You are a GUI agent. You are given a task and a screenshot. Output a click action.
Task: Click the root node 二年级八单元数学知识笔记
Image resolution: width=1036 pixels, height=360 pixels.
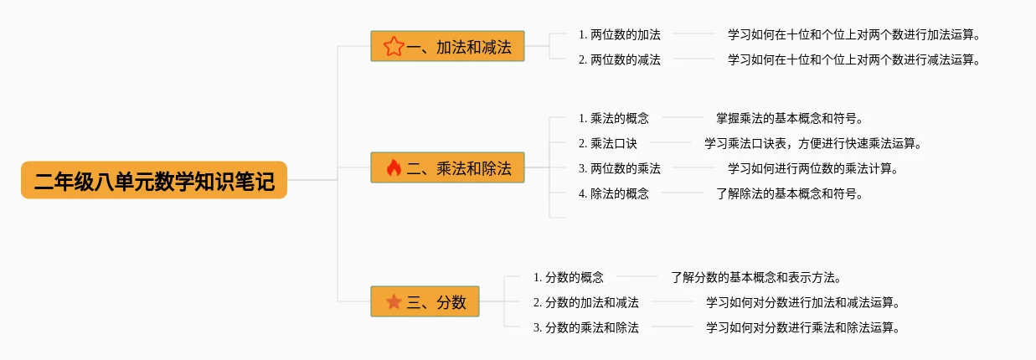(x=154, y=180)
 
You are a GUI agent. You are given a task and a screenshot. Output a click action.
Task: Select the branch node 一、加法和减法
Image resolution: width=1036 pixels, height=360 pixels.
(x=447, y=46)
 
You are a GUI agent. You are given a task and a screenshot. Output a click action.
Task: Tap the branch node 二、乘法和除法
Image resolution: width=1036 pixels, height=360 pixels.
(x=447, y=167)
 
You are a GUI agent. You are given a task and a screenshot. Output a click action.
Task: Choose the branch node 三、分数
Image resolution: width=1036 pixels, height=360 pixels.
(x=425, y=301)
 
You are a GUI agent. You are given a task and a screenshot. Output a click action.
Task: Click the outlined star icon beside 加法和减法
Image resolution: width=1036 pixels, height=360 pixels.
(x=394, y=46)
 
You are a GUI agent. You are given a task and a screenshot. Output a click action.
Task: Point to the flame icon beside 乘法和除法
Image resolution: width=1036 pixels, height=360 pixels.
(x=394, y=167)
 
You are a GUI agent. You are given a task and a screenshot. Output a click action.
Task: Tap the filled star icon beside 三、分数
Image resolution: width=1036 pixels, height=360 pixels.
(x=394, y=301)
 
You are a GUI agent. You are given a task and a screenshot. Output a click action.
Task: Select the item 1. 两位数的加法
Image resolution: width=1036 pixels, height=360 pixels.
(x=619, y=34)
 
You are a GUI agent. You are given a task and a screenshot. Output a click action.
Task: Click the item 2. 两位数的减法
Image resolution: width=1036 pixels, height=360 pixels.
(x=619, y=59)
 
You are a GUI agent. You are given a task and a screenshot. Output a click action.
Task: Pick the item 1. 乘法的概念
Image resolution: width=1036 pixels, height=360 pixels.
(x=613, y=118)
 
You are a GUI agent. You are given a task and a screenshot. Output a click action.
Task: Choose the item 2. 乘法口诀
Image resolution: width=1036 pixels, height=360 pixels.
(x=607, y=143)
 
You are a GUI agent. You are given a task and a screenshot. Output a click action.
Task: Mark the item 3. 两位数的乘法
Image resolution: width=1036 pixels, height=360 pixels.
(x=619, y=168)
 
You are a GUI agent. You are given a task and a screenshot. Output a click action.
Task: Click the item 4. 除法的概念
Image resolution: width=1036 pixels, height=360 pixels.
(x=613, y=193)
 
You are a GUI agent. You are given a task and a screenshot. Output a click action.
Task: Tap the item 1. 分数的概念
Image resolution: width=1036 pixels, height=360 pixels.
(x=568, y=277)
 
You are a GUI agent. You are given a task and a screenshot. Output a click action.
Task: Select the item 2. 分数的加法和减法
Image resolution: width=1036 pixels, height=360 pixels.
(x=585, y=302)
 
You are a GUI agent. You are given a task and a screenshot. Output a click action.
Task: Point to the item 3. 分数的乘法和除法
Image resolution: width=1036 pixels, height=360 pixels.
(x=585, y=327)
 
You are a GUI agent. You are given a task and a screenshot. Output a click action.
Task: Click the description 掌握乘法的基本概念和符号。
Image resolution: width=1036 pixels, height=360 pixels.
(x=789, y=118)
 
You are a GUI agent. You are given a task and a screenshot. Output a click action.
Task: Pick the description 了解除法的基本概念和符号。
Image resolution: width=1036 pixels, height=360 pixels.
(x=789, y=193)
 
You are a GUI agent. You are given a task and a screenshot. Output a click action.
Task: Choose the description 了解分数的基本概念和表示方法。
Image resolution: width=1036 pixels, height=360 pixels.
(x=755, y=277)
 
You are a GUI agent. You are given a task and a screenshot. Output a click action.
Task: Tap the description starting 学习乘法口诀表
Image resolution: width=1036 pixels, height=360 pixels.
(x=812, y=143)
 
